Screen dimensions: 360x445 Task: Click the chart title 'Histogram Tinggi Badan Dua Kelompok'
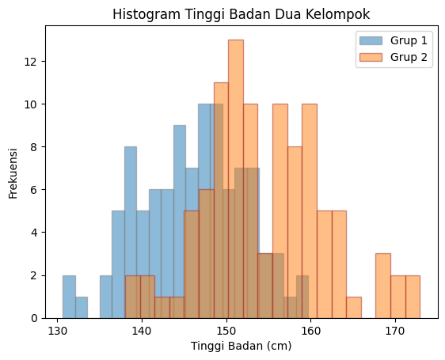click(241, 14)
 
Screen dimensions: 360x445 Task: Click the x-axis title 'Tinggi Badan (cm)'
click(241, 346)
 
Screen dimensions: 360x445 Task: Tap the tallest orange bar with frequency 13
click(235, 179)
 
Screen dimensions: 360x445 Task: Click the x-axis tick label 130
click(57, 329)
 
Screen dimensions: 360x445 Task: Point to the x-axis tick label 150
click(226, 329)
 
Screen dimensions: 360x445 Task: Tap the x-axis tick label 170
click(395, 329)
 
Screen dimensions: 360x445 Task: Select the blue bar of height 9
click(180, 222)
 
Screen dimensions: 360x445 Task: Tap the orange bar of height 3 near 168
click(383, 286)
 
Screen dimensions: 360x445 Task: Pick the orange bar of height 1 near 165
click(354, 308)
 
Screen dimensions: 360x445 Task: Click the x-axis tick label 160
click(310, 329)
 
